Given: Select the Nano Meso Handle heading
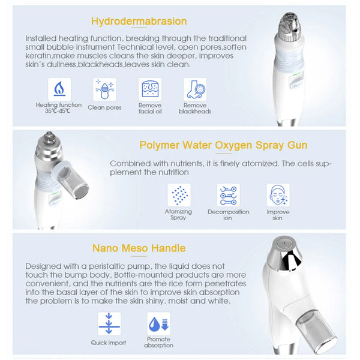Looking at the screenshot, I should click(139, 248).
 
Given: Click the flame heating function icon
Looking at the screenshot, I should click(59, 89).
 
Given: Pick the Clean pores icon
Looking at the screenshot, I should click(104, 89).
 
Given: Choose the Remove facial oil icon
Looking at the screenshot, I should click(149, 89).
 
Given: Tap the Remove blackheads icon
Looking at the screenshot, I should click(195, 89).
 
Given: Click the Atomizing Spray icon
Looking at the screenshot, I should click(178, 195).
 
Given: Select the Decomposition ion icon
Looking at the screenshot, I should click(228, 195).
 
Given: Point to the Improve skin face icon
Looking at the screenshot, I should click(278, 195).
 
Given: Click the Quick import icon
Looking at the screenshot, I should click(109, 324).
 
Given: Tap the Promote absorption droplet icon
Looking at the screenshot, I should click(158, 324).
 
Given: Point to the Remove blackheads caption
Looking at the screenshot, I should click(195, 108).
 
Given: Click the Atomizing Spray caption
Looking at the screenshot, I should click(178, 214).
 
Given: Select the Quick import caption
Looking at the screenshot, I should click(109, 343).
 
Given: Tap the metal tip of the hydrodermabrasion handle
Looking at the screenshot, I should click(290, 22).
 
